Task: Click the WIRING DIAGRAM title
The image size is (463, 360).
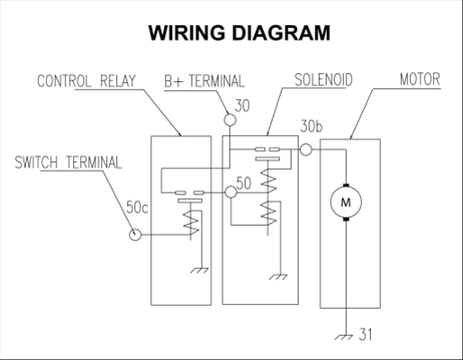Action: [x=240, y=32]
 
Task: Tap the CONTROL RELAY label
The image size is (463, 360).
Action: [x=86, y=81]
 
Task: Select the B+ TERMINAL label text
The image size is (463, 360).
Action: [x=204, y=81]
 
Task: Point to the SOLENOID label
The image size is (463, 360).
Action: [x=323, y=80]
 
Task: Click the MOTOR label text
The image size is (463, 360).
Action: [x=420, y=79]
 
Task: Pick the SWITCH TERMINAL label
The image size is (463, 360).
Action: [x=68, y=162]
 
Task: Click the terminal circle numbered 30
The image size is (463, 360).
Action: [x=230, y=120]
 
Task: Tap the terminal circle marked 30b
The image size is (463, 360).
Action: [x=306, y=149]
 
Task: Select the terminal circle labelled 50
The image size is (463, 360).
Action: [x=231, y=192]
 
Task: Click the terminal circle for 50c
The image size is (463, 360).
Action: [x=135, y=235]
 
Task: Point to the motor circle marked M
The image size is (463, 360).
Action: [x=346, y=202]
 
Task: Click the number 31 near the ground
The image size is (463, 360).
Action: [x=366, y=335]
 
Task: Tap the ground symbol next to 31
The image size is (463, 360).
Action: [x=344, y=337]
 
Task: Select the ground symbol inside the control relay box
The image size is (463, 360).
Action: [x=200, y=270]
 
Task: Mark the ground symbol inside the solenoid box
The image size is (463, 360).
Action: [x=278, y=277]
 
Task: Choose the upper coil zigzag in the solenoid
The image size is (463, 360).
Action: [x=268, y=181]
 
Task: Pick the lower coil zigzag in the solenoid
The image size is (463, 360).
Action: [x=268, y=213]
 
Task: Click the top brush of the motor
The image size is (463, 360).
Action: [x=346, y=184]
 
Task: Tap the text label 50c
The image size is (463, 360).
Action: [x=137, y=207]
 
